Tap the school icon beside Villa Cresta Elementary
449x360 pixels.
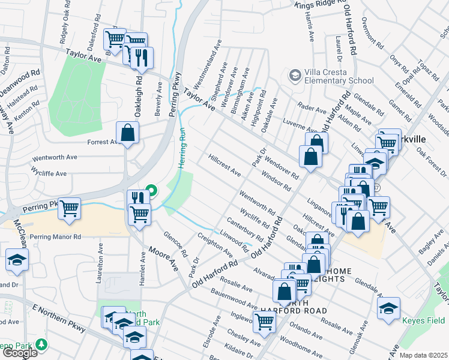tap(294, 76)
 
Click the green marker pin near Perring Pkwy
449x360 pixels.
tap(151, 191)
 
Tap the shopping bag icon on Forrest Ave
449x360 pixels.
tap(128, 133)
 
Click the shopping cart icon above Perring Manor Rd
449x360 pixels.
tap(70, 208)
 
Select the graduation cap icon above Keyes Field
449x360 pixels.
tap(388, 308)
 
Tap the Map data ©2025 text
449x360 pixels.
tap(423, 355)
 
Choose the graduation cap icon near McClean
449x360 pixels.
tap(17, 259)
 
